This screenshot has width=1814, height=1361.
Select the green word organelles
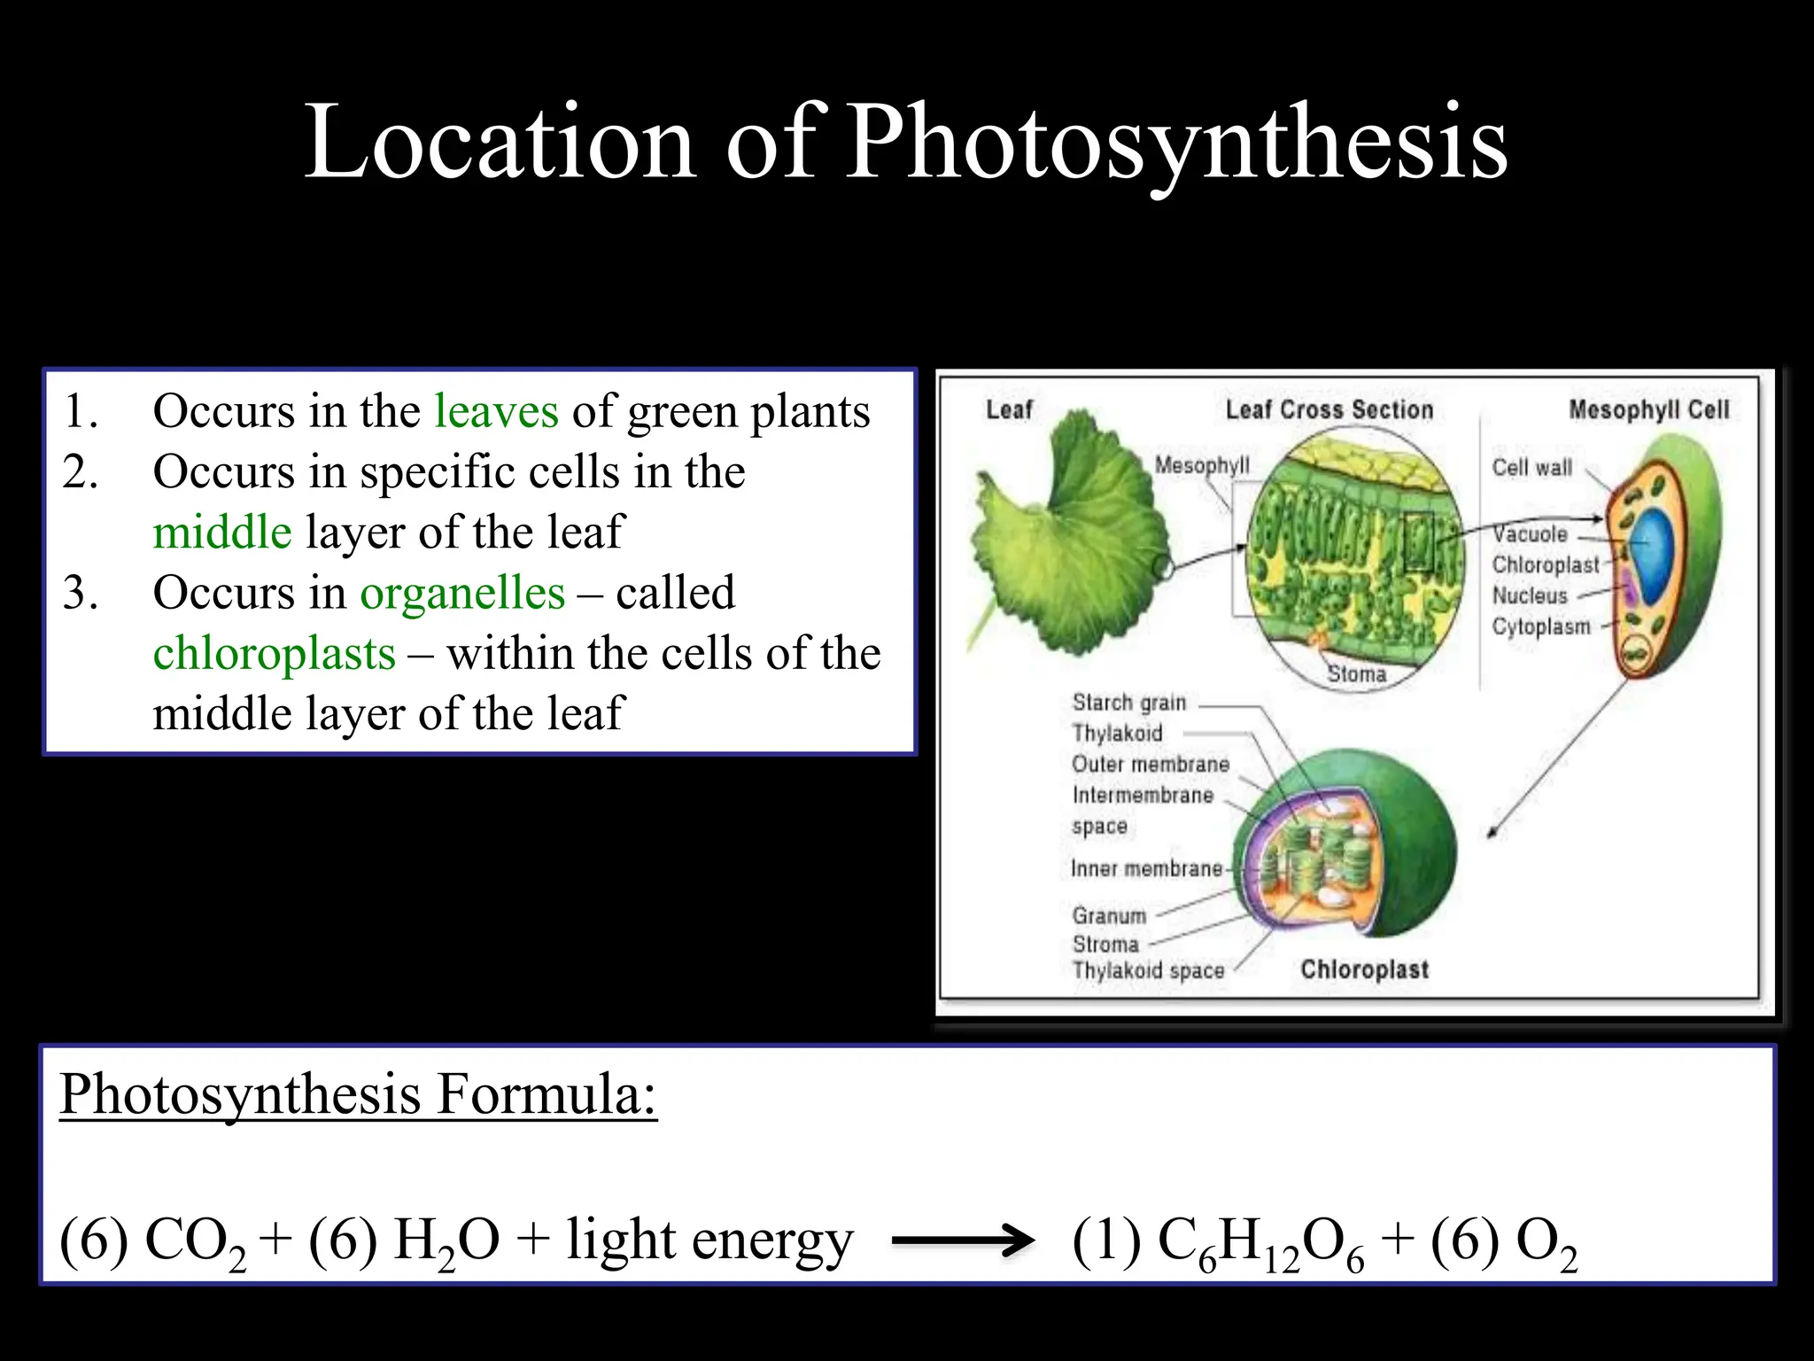pos(461,594)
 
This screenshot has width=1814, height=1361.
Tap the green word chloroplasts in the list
pos(274,654)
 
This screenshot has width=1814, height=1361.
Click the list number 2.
pos(80,472)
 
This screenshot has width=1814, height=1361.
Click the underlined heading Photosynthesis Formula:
pos(358,1094)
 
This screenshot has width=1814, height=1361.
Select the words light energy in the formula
pos(709,1240)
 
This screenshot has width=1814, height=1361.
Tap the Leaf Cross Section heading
pos(1329,409)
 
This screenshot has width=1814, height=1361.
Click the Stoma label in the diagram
pos(1356,674)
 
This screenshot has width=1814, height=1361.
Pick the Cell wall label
pos(1531,468)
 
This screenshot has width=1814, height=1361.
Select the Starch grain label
pos(1128,703)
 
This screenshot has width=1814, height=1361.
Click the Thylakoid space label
pos(1148,970)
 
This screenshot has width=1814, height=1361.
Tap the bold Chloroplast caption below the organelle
pos(1364,969)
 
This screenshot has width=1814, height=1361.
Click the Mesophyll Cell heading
pos(1648,409)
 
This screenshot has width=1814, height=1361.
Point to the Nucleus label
pos(1530,595)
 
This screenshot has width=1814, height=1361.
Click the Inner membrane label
pos(1146,868)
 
